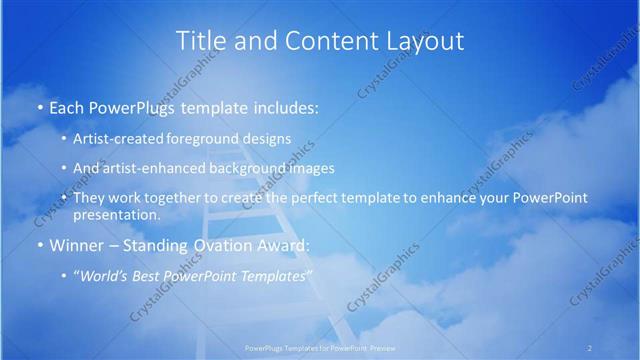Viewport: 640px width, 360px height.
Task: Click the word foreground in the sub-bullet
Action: coord(206,138)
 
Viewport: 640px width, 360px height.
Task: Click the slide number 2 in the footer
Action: coord(589,348)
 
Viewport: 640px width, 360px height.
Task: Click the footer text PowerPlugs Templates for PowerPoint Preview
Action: coord(320,348)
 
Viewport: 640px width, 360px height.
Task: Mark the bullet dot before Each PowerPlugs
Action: coord(39,107)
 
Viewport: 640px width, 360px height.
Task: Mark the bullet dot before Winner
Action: coord(39,245)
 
